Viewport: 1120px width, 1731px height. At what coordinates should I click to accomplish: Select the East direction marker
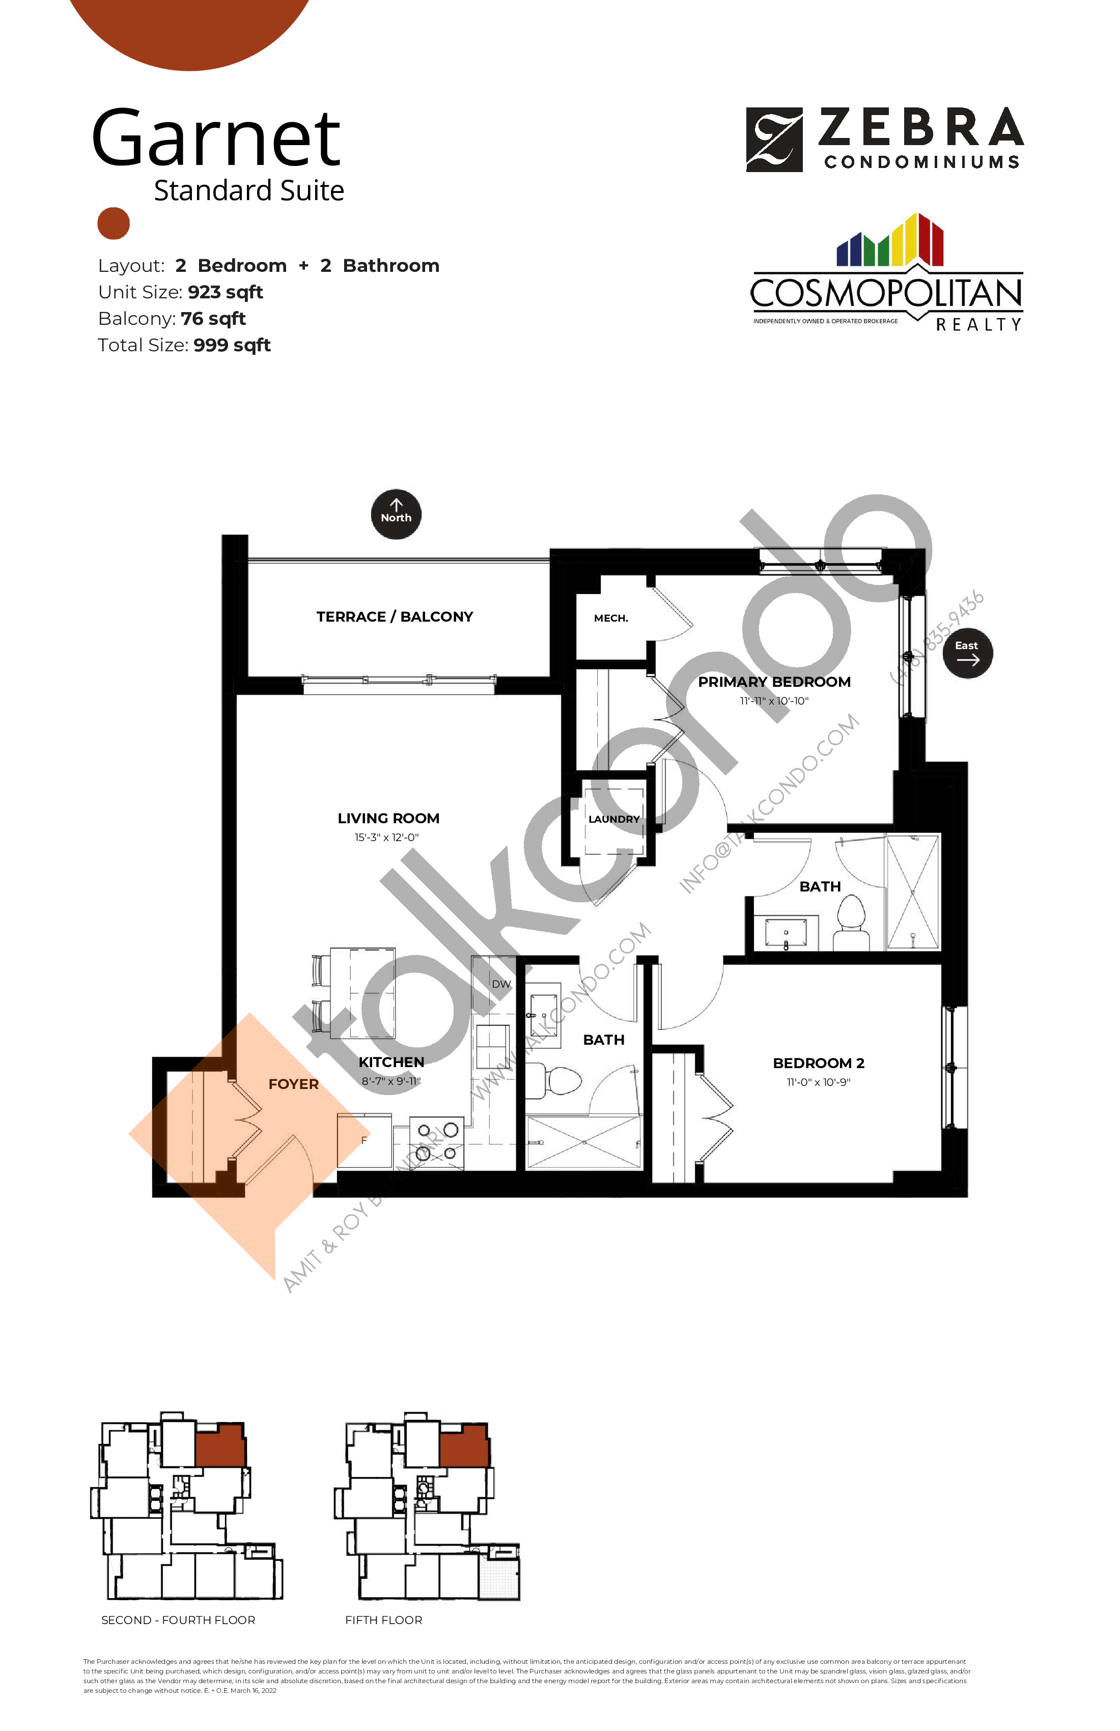[967, 652]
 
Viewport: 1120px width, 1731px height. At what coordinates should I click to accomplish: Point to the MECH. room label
[611, 618]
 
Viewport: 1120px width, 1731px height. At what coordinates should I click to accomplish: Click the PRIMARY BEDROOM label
[774, 682]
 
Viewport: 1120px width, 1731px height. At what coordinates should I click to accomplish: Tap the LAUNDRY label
[614, 819]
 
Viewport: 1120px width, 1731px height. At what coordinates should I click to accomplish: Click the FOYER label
[293, 1084]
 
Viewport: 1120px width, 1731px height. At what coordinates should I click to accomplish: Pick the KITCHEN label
[391, 1063]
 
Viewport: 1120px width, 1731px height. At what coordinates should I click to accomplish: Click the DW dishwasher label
[501, 984]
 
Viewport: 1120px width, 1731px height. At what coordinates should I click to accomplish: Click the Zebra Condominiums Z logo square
[774, 139]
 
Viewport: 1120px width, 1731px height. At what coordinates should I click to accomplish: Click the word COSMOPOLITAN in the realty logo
[886, 294]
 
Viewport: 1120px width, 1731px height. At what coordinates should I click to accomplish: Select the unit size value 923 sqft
[226, 292]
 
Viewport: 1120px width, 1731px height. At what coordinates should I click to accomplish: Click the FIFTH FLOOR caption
[383, 1620]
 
